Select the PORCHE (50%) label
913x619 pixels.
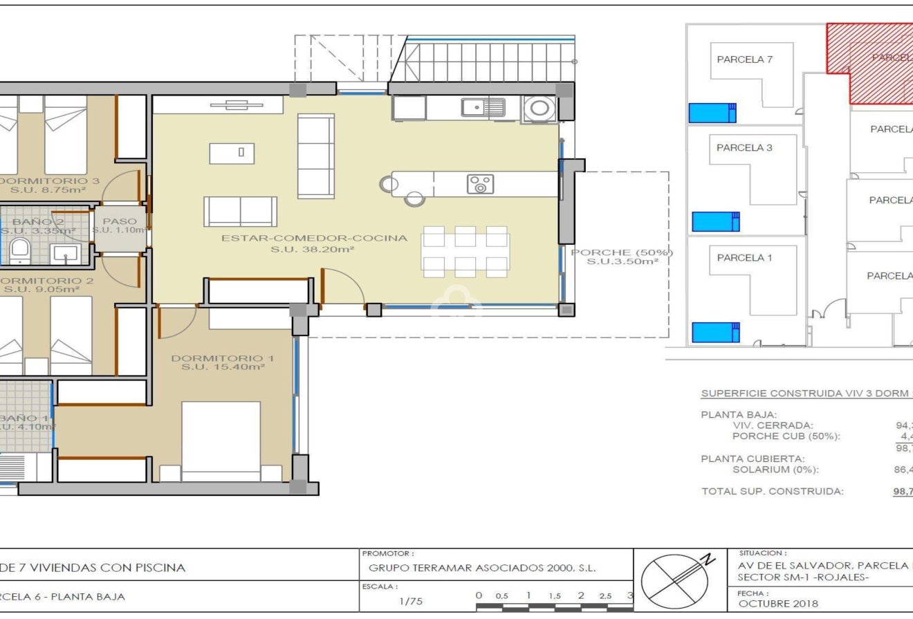pos(621,252)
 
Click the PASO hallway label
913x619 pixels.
pos(120,222)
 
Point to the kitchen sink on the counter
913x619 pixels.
pos(483,107)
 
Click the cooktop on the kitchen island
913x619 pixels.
pos(480,184)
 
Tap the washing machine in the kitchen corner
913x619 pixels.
pos(539,108)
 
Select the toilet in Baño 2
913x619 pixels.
pos(19,250)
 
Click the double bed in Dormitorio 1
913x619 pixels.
pos(221,440)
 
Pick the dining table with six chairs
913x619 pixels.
pos(465,252)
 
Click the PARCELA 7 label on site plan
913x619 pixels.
pos(745,59)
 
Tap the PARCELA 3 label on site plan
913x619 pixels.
pos(744,147)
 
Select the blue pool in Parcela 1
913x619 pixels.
pos(714,332)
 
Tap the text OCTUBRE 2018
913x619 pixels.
pos(777,603)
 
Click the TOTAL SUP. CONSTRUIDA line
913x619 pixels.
pos(773,492)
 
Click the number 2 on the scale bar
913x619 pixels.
pos(581,595)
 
